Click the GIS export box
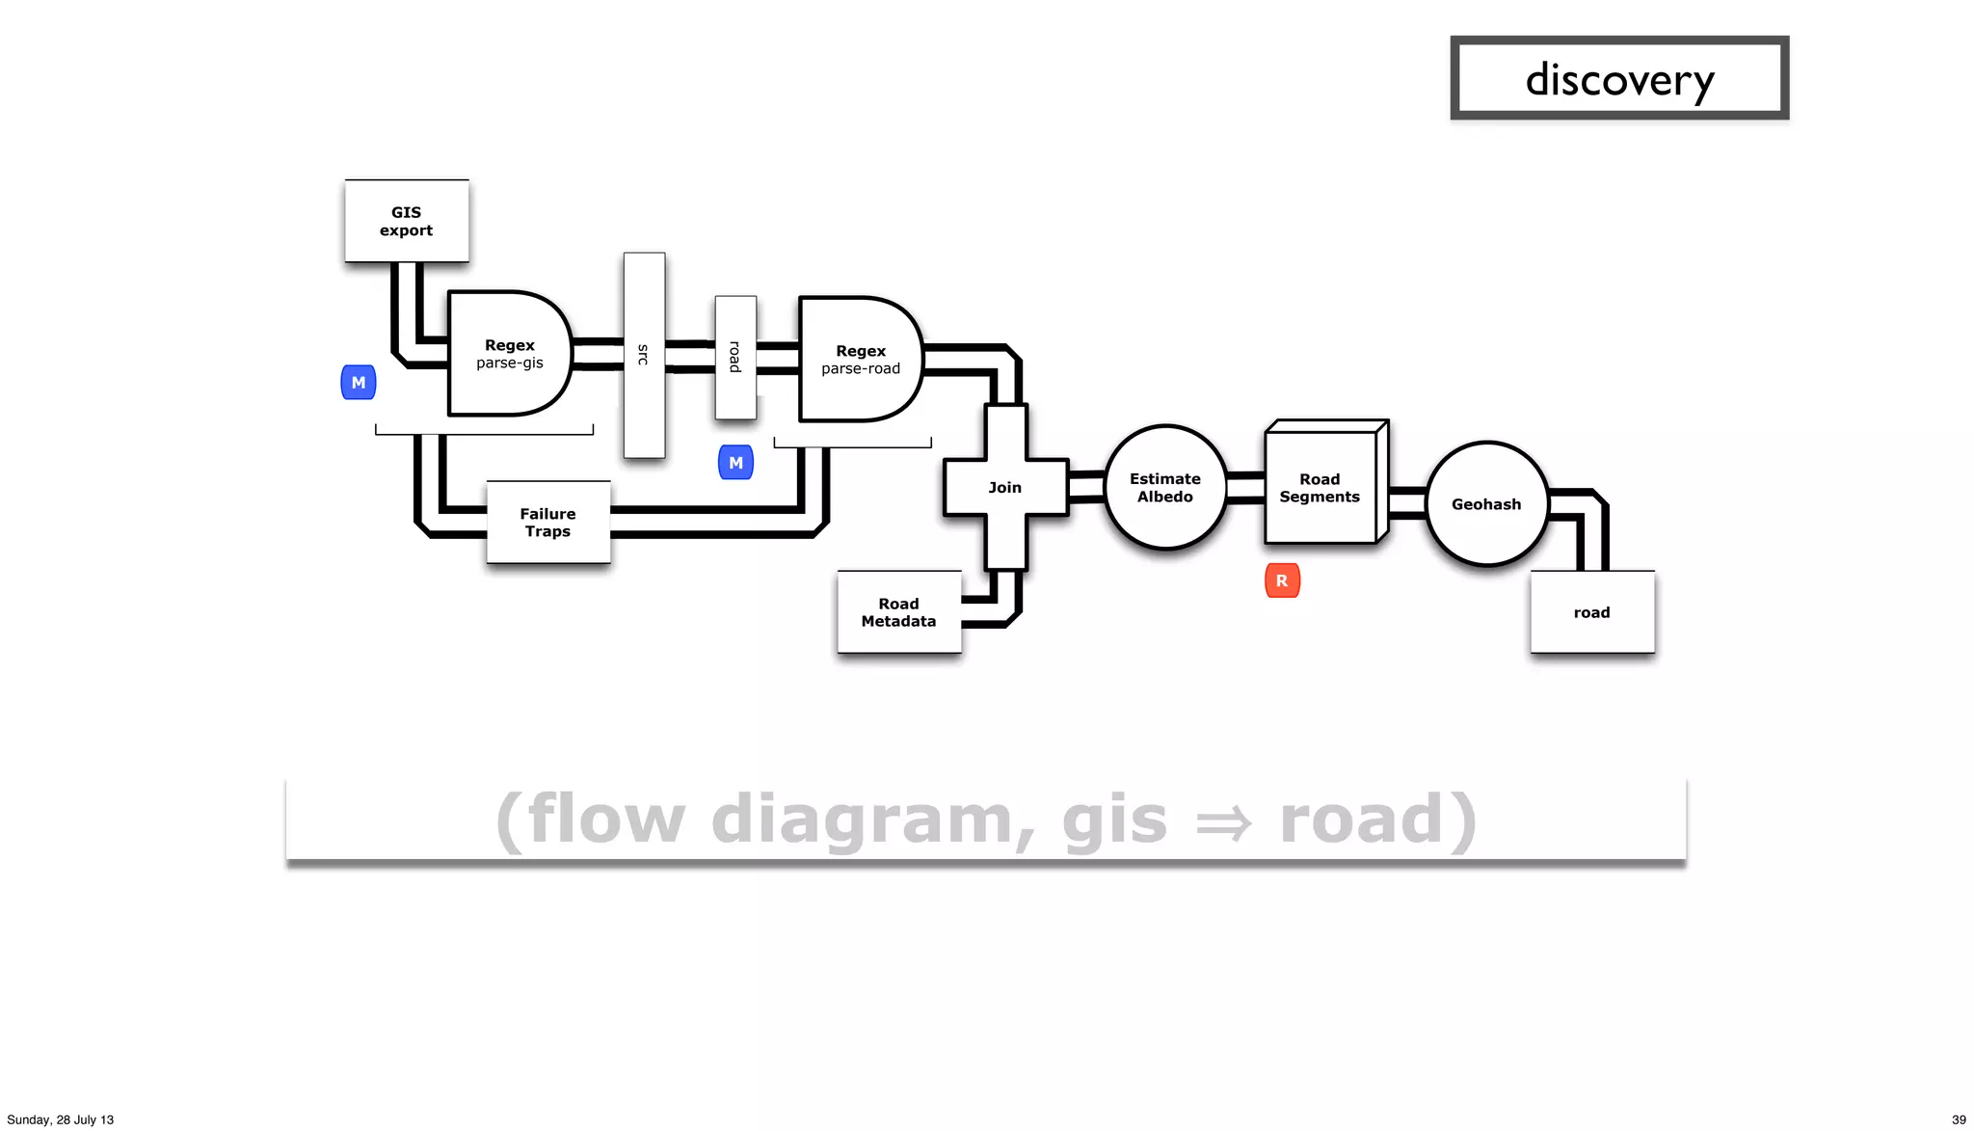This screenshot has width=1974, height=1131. [406, 221]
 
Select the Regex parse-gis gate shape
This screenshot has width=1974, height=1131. [509, 354]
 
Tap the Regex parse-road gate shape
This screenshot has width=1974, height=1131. [860, 360]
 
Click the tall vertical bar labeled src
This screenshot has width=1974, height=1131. [644, 355]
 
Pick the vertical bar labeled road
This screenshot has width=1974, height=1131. [735, 358]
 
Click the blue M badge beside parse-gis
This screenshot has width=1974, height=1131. [359, 383]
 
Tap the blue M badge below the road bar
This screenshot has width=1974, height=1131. [735, 463]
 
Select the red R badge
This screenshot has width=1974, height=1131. [1282, 580]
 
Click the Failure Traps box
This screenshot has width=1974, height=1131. [547, 523]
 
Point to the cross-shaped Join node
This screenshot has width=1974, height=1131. [1005, 488]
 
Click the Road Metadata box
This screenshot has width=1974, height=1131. [898, 612]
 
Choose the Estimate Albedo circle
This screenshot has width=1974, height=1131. [1165, 488]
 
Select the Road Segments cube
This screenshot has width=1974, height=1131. [1320, 488]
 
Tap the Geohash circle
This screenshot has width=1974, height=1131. [1486, 504]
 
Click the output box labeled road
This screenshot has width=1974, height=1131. [1591, 612]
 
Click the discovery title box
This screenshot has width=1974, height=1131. [1619, 79]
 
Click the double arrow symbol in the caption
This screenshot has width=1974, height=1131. [1223, 822]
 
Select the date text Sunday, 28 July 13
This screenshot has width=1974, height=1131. [61, 1119]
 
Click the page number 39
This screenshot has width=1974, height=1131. [1958, 1119]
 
